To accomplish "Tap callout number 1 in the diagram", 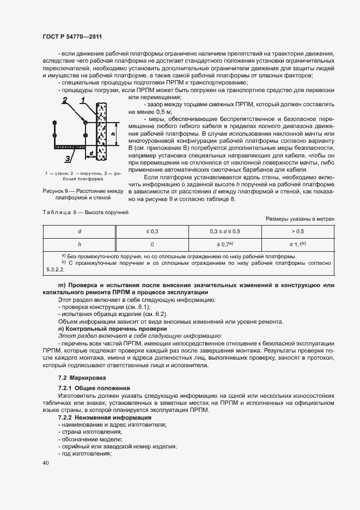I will (83, 100).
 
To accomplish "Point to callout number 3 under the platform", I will (66, 158).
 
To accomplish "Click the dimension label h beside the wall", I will (112, 132).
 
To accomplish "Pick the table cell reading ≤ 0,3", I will (152, 231).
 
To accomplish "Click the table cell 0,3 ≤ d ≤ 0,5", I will (224, 231).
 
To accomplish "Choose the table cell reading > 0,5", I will (297, 231).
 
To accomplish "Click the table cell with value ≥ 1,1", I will (297, 245).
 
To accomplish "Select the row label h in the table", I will (80, 245).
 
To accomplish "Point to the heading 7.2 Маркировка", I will (82, 378).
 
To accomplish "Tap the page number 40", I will (45, 463).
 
